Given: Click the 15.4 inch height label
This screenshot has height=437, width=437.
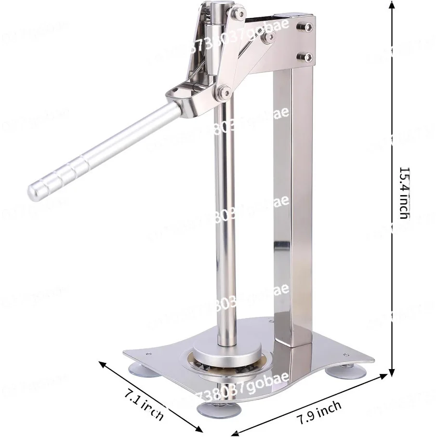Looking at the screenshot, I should [x=403, y=193].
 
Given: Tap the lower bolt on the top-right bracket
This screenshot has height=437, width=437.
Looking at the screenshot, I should [x=305, y=56].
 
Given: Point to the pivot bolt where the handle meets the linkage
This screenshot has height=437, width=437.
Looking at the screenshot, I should [x=223, y=92].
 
